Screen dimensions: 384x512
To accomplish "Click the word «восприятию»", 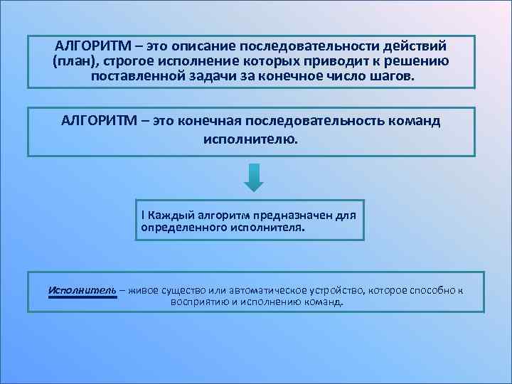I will pos(198,302).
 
